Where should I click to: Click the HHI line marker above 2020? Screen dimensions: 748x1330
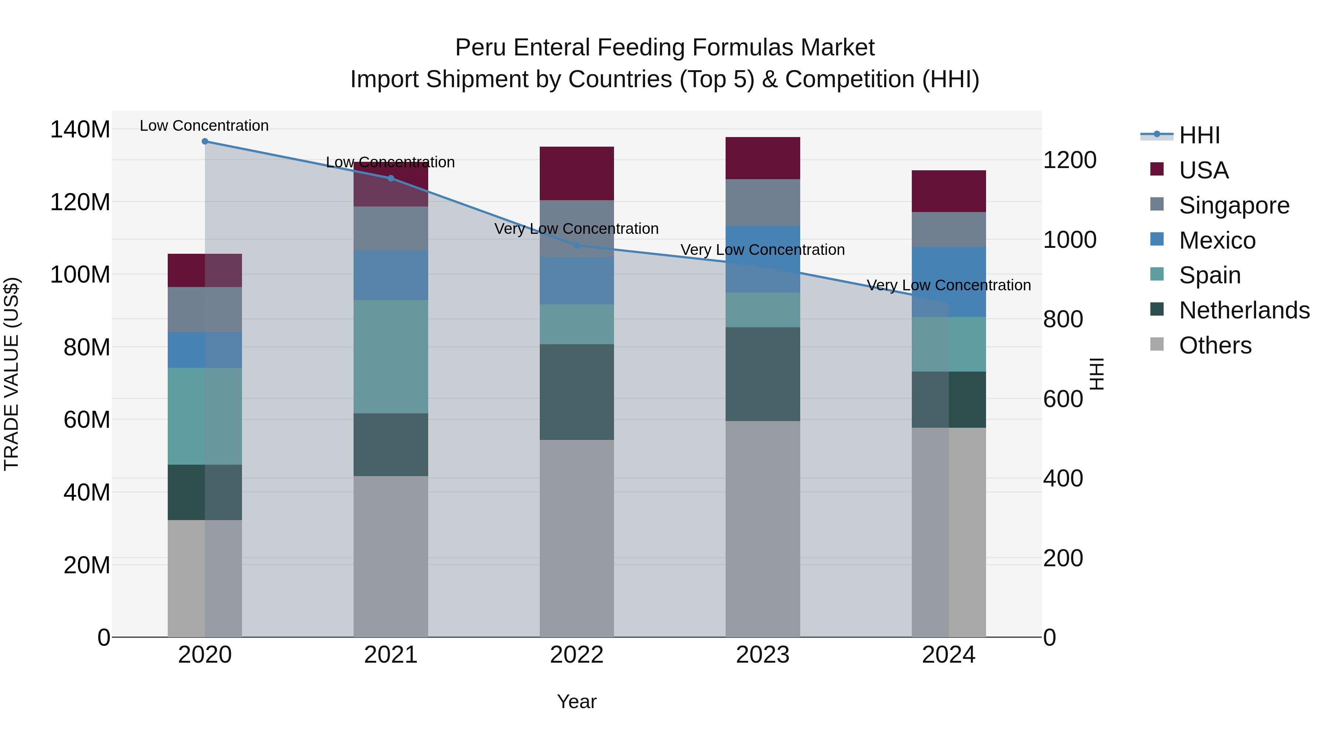(205, 141)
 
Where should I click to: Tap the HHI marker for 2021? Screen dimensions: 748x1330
(391, 178)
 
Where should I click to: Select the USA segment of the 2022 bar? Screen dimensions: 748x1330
(577, 174)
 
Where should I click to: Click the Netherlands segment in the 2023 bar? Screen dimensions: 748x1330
(763, 374)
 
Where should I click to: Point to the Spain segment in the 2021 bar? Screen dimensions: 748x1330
(391, 356)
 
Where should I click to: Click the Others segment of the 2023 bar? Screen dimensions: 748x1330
(763, 529)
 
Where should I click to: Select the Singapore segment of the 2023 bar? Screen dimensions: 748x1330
(763, 202)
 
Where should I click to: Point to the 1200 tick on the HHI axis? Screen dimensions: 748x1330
(1070, 160)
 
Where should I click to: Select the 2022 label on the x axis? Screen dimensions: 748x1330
(577, 655)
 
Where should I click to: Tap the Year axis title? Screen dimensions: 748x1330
(577, 701)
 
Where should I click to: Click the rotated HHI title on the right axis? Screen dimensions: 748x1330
(1097, 374)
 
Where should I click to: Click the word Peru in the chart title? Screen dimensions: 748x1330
(478, 48)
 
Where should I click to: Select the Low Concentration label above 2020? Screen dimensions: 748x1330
(204, 126)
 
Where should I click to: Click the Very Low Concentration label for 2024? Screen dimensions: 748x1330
(948, 285)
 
